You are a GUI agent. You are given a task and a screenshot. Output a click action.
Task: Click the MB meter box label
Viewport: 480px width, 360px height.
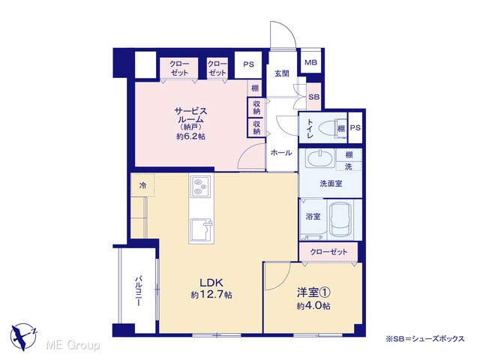click(310, 62)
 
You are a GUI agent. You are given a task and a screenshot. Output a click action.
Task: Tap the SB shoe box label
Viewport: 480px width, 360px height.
click(313, 97)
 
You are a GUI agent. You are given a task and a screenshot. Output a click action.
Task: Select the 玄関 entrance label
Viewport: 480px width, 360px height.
click(282, 73)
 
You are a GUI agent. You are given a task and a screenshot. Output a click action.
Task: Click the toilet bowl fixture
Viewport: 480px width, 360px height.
click(329, 127)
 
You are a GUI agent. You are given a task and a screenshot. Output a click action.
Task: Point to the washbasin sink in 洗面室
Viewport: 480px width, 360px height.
click(319, 158)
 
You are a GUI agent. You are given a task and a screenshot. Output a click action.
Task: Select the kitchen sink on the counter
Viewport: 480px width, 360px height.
click(200, 230)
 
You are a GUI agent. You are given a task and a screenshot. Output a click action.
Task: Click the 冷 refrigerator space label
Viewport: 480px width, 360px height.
click(142, 185)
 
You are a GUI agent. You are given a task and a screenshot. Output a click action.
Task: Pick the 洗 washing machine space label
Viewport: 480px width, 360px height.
click(348, 166)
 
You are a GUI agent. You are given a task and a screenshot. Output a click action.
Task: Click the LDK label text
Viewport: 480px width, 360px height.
click(211, 282)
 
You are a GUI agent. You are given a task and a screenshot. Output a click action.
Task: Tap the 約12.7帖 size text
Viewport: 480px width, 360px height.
click(211, 295)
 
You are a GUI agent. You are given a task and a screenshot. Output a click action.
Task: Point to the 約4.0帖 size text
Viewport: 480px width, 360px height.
click(313, 306)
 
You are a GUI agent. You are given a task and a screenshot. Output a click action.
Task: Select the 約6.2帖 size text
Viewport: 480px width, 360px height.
click(190, 136)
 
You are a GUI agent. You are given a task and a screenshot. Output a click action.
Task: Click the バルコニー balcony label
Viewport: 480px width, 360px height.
click(139, 291)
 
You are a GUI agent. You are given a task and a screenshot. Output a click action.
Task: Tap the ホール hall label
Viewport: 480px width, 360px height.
click(281, 152)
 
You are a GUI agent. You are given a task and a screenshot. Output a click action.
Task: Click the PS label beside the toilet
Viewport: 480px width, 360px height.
click(355, 127)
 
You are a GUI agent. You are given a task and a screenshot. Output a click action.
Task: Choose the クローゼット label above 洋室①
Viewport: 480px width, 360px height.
click(328, 252)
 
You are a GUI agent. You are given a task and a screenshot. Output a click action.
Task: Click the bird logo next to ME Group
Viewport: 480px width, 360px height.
click(23, 337)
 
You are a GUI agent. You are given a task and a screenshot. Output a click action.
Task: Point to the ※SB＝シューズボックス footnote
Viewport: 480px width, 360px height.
click(425, 338)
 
